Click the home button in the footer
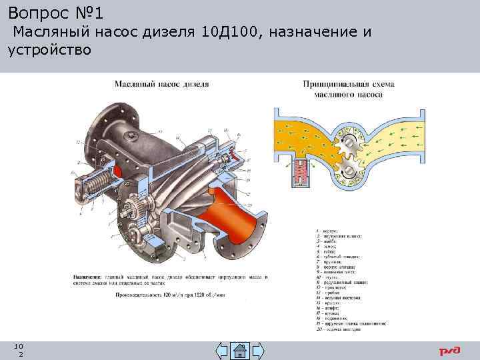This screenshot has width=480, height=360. click(240, 351)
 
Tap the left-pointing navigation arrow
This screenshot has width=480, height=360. click(223, 351)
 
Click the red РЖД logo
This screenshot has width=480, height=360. click(449, 351)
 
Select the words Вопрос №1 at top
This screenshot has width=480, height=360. click(53, 12)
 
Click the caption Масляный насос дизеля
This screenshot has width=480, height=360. click(161, 84)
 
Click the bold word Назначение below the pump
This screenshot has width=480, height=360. click(87, 276)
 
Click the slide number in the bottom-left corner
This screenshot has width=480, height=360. click(21, 349)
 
